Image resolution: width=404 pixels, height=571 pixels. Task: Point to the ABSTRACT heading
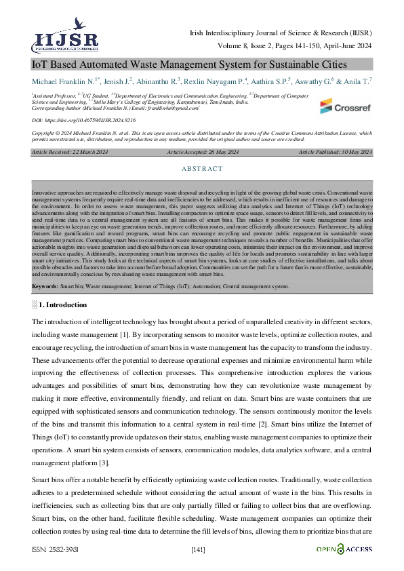pyautogui.click(x=202, y=169)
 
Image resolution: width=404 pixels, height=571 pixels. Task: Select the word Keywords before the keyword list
pyautogui.click(x=45, y=287)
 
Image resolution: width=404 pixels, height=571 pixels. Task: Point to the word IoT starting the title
pyautogui.click(x=40, y=65)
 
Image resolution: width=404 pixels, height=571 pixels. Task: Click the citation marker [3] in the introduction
pyautogui.click(x=104, y=463)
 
